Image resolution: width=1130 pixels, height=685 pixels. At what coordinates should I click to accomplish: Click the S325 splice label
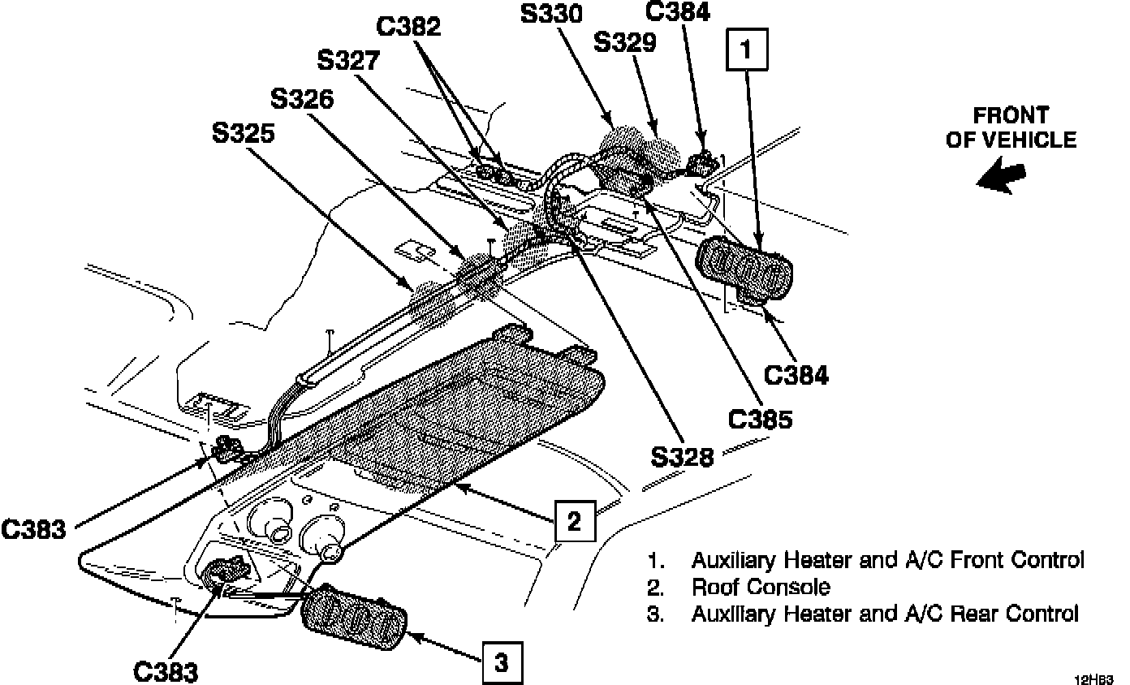pos(244,134)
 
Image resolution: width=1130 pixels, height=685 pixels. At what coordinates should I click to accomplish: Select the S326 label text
pos(302,99)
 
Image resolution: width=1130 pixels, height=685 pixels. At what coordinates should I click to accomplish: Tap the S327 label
pos(350,62)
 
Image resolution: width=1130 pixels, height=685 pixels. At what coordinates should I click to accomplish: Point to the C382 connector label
pos(409,27)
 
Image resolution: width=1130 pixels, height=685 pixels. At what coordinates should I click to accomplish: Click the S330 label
pos(553,14)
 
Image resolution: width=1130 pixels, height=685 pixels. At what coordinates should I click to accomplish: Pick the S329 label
pos(625,43)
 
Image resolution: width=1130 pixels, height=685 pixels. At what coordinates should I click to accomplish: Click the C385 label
pos(760,419)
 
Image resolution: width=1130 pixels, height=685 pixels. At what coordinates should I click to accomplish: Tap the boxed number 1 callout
pos(746,49)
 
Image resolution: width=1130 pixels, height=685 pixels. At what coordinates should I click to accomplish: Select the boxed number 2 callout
pos(575,520)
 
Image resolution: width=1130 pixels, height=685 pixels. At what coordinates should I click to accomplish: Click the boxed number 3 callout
pos(502,665)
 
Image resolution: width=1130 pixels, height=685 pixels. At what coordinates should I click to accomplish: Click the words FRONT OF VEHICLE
pos(1011,127)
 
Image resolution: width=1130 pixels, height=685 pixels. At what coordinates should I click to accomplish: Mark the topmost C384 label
pos(677,11)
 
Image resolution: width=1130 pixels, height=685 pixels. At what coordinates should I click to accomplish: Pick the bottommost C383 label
pos(165,673)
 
